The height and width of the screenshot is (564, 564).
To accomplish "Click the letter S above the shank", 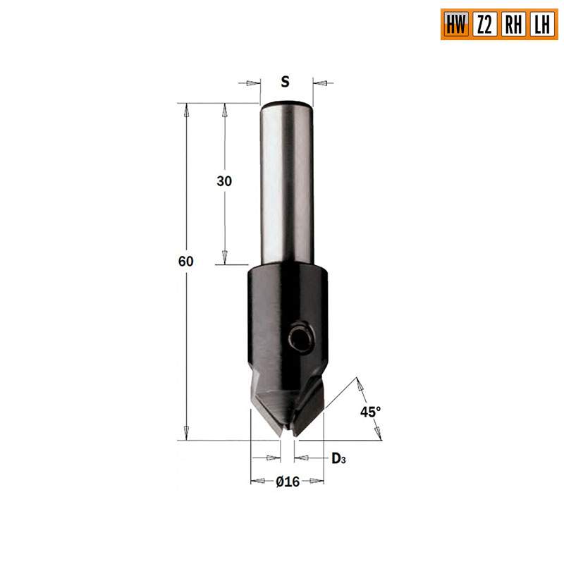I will pos(285,82).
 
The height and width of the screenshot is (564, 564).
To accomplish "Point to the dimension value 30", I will pos(224,181).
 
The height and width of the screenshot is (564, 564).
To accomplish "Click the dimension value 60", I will pos(185,261).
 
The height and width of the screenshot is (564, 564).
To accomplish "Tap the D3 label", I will pos(338,459).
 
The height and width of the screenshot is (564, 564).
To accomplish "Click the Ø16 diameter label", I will pos(288,482).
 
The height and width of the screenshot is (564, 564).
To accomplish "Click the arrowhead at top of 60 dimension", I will pos(186,109).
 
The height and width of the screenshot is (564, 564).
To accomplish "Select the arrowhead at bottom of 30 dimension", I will pos(225,259).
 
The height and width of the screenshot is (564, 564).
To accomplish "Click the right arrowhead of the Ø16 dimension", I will pos(319,482).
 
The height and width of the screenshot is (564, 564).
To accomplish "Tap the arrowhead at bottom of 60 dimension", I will pos(186,434).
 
